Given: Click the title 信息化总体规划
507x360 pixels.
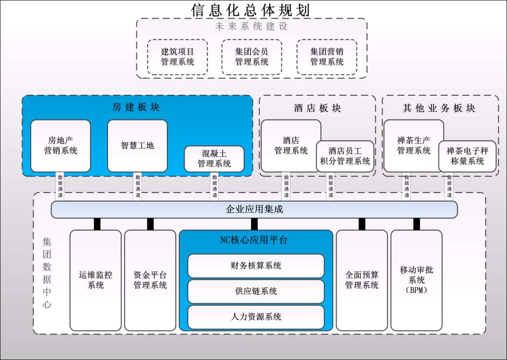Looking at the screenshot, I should (x=250, y=10).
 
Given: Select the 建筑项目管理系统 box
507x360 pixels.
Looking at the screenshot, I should (x=177, y=57).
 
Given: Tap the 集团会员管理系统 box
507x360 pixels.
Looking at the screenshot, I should (x=252, y=57).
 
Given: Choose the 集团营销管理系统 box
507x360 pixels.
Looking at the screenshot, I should (x=327, y=57).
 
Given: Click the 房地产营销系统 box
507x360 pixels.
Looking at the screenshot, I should (x=60, y=146).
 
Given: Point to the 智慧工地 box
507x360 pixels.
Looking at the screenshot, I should (x=137, y=146).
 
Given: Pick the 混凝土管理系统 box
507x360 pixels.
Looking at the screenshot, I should (x=214, y=159).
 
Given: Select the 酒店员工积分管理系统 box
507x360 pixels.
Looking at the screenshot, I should (x=345, y=156).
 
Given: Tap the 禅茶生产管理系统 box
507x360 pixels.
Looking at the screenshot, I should (x=413, y=146).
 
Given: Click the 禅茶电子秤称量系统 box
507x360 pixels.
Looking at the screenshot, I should (x=468, y=156).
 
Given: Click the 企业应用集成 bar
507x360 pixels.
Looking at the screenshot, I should (x=254, y=209).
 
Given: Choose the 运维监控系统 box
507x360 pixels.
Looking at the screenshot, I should (x=95, y=280).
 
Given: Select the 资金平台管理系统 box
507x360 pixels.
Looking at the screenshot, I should (x=150, y=280).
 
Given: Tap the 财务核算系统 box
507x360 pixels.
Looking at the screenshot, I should (x=256, y=266).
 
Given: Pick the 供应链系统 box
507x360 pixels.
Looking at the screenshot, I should (x=256, y=291).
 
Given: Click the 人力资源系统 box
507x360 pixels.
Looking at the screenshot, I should (x=256, y=317).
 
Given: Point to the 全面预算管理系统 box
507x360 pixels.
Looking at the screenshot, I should (x=362, y=280).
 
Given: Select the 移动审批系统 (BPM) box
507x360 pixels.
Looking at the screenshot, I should (x=416, y=280).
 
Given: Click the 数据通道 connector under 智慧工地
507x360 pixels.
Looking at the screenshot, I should (x=138, y=186).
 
